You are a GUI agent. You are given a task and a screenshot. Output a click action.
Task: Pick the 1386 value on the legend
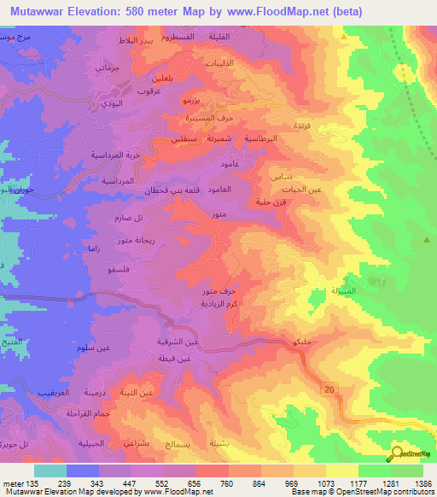(422, 484)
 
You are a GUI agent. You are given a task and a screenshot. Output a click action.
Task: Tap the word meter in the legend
(12, 484)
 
